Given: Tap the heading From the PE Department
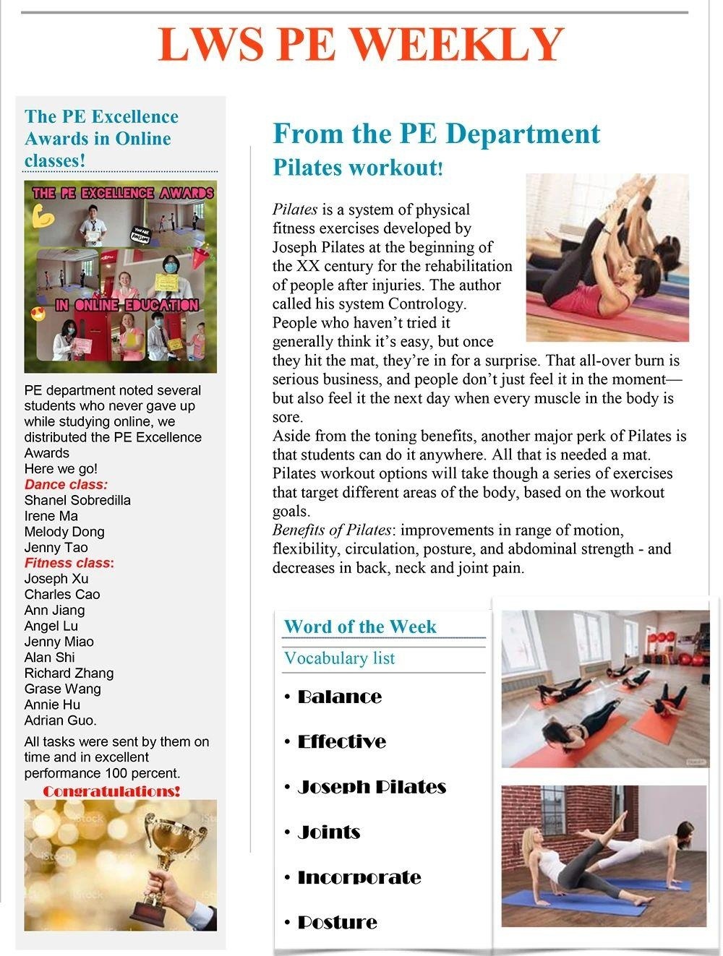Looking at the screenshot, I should tap(436, 134).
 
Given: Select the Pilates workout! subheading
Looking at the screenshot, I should tap(357, 167).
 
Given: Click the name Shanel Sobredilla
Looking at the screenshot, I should tap(77, 500).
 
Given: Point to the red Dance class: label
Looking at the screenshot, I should tap(66, 484).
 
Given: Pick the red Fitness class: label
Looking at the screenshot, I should tap(69, 563).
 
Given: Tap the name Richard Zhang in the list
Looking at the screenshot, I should tap(69, 673).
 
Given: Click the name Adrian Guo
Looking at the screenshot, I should tap(60, 720).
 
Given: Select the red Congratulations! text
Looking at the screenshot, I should tap(111, 791).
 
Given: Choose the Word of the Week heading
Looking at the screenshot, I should tap(360, 626).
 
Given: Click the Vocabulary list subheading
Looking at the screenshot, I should tap(339, 658).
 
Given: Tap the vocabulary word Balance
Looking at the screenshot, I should tap(339, 697).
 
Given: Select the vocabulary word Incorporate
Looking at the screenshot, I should tap(359, 877).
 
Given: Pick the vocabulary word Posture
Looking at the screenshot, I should tap(337, 922).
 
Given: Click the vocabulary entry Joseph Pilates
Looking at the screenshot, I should tap(372, 787).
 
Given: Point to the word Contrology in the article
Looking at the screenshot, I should tap(426, 303).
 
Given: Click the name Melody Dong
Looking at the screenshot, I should tap(64, 532).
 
